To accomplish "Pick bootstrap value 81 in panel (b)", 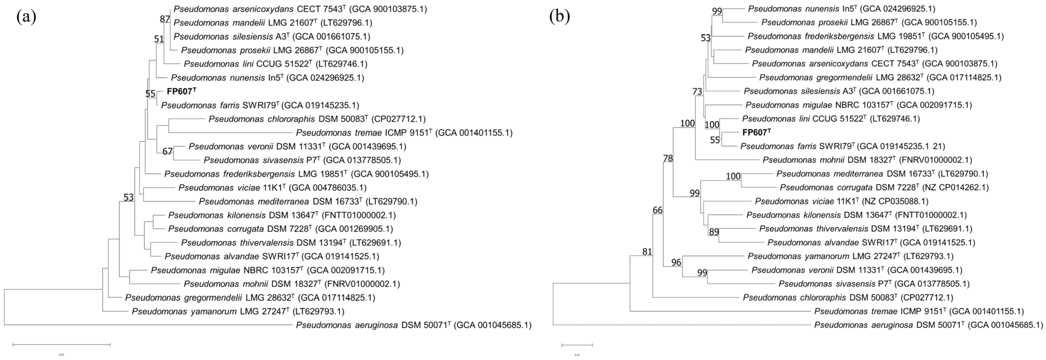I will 647,252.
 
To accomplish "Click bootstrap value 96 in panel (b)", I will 676,262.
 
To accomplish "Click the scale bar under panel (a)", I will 62,345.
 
